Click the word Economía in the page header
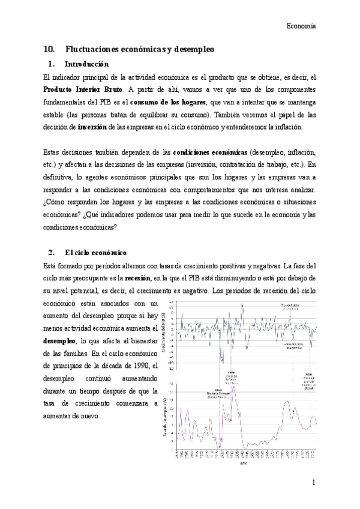pos(301,26)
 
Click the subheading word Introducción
pos(86,64)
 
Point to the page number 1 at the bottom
pos(313,482)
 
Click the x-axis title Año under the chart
pos(243,464)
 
